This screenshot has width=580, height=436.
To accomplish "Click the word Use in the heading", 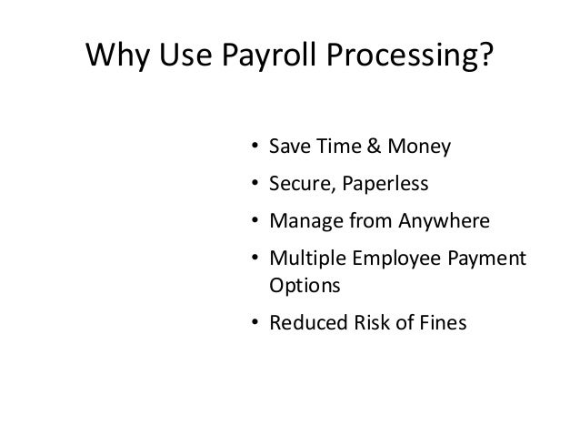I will tap(185, 56).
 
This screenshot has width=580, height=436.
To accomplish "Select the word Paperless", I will tap(385, 184).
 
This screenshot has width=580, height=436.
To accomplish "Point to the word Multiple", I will tap(304, 260).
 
